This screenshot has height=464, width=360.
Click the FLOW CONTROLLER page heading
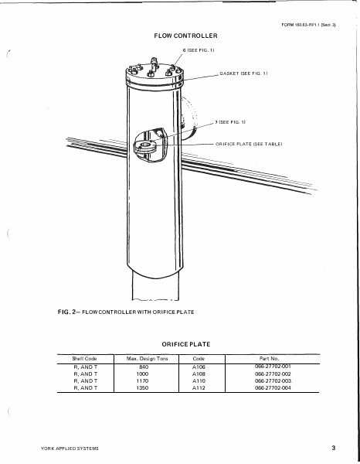(185, 36)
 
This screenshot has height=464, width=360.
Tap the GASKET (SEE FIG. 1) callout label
(243, 73)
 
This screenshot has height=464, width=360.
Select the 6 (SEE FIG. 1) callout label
(199, 50)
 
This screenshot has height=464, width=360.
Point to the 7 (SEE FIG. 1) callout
(230, 122)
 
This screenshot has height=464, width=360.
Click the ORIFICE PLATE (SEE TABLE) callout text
(249, 144)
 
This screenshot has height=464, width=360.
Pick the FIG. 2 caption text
(126, 312)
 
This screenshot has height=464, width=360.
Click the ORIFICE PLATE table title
(186, 344)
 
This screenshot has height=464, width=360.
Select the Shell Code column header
(84, 359)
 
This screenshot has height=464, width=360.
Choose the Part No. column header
(270, 359)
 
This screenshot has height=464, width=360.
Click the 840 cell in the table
(144, 367)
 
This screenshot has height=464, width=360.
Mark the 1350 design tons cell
(142, 388)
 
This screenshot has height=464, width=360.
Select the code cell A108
(199, 374)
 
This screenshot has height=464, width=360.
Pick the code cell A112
(199, 388)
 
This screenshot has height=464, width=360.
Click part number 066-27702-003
(273, 380)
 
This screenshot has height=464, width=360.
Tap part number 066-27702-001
(273, 367)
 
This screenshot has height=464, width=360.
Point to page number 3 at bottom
(334, 448)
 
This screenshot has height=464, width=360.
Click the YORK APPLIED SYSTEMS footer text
(70, 449)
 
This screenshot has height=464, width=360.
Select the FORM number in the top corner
(308, 26)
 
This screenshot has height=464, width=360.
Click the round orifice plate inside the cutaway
(144, 146)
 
